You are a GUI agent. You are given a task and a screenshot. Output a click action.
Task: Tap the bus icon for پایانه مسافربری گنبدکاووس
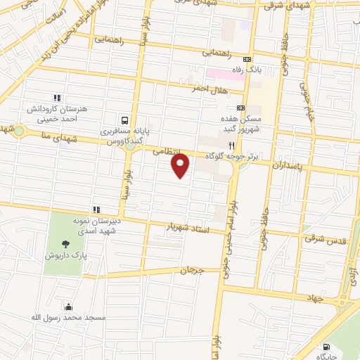[x=124, y=120]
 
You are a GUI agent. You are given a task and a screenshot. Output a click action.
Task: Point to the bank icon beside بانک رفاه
[x=246, y=60]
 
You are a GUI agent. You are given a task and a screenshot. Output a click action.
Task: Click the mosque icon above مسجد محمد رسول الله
[x=68, y=307]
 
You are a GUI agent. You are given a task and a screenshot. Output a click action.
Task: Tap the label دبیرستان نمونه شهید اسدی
[x=93, y=225]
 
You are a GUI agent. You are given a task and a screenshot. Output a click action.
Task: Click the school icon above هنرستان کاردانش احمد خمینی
[x=57, y=98]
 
